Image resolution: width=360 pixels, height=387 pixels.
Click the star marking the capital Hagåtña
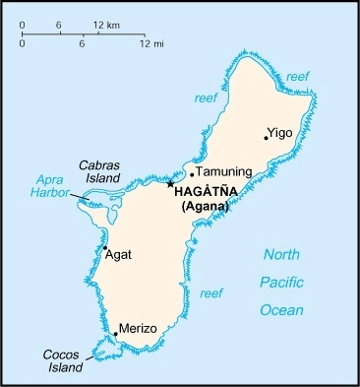click(170, 183)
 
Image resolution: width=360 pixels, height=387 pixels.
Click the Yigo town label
click(281, 132)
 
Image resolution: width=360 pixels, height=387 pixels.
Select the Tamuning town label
click(225, 171)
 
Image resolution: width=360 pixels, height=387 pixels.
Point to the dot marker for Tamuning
click(192, 174)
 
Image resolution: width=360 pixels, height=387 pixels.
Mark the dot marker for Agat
click(104, 247)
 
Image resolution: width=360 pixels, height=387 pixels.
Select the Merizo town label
click(138, 328)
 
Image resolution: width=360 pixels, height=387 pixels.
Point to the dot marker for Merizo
click(115, 334)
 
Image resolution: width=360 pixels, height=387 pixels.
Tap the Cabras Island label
click(99, 171)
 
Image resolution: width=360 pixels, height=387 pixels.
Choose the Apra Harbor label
click(53, 186)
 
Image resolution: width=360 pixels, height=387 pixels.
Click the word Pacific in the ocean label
click(282, 283)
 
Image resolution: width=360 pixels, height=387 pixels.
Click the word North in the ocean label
click(281, 255)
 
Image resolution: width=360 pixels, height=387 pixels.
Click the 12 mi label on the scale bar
click(150, 44)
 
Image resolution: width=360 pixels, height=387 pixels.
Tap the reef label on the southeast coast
click(210, 293)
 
